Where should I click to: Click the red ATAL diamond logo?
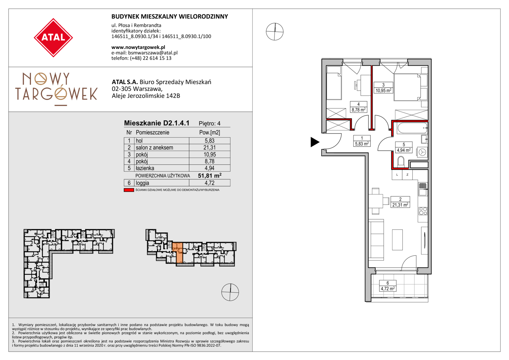click(53, 38)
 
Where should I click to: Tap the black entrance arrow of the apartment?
click(315, 142)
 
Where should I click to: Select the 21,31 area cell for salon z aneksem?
click(210, 148)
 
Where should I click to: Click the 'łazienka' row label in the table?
click(145, 168)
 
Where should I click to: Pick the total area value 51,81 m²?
click(210, 176)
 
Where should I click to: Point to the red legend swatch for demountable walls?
click(129, 190)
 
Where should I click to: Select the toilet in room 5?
click(401, 162)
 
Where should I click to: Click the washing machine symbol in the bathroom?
click(422, 152)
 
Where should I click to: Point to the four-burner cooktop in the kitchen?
click(423, 211)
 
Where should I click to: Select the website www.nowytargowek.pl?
click(138, 47)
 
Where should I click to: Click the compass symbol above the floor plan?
click(275, 32)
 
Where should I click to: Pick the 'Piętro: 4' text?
click(210, 123)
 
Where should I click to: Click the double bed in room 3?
click(407, 87)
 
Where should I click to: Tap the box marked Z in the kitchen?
click(407, 175)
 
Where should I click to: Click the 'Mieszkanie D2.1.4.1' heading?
click(157, 123)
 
